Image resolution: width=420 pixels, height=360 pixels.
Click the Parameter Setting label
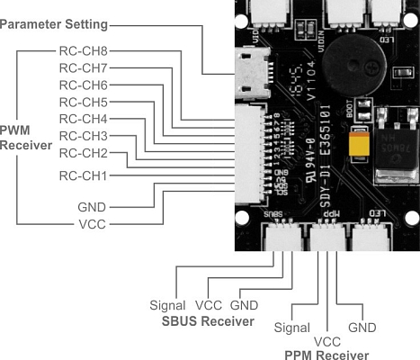coord(67,22)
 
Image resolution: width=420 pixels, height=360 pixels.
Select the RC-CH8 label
coord(84,51)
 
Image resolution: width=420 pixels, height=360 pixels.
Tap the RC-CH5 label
coord(84,102)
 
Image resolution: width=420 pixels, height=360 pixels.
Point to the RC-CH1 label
coord(84,175)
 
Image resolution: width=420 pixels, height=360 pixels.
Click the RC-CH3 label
coord(84,135)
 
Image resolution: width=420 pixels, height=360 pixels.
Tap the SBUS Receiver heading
coord(208,321)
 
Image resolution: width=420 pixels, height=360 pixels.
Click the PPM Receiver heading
coord(326,355)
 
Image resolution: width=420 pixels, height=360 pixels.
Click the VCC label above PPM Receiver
coord(322,342)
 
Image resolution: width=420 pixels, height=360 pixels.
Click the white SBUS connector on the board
coord(281,236)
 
